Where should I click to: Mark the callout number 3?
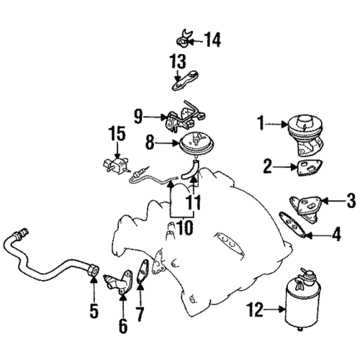coord(351,199)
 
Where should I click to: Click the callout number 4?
coord(336,233)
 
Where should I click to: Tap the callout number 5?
coord(93,313)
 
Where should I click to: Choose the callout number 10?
coord(184,228)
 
